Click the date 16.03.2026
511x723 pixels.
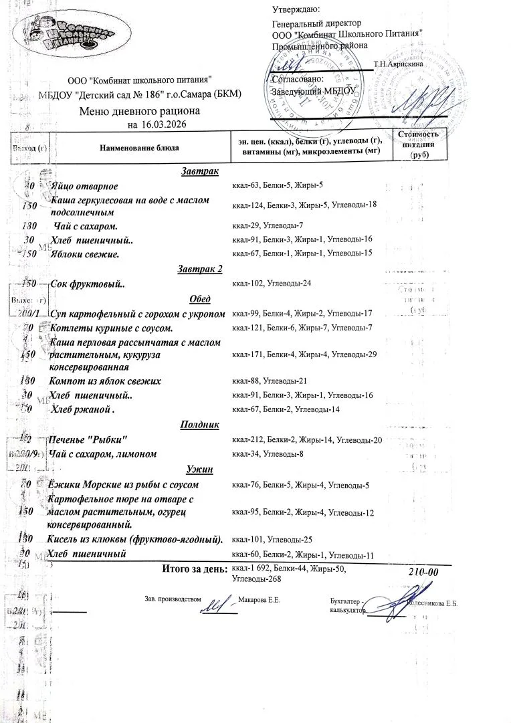164,125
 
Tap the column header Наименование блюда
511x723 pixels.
140,146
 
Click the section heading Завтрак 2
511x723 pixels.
199,270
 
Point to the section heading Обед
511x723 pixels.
201,298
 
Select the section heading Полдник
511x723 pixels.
199,425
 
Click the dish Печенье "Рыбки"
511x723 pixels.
88,439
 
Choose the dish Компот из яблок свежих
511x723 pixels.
105,381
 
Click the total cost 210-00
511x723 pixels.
423,573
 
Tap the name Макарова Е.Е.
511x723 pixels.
259,601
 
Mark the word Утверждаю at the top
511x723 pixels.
296,9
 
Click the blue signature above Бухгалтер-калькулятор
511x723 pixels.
401,598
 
